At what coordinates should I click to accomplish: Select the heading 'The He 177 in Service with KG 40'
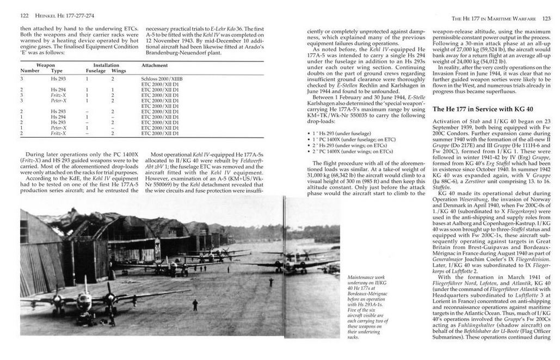483,109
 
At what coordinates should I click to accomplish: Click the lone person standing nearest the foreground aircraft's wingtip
195,305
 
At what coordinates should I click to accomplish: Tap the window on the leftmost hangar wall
24,231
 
